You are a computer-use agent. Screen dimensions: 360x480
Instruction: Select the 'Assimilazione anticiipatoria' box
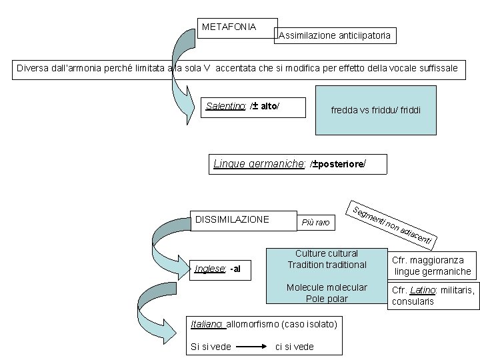(x=335, y=35)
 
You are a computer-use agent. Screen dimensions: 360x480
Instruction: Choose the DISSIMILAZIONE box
(x=232, y=219)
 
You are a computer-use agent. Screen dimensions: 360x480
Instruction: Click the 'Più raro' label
(x=315, y=222)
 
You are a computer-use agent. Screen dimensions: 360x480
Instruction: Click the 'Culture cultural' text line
(x=327, y=253)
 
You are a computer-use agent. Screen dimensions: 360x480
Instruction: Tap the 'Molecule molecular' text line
(x=327, y=287)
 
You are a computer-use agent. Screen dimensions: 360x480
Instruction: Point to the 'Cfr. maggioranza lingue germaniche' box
(x=432, y=265)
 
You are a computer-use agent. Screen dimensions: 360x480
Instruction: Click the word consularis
(x=413, y=301)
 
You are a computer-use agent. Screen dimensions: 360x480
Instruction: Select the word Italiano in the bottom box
(x=207, y=324)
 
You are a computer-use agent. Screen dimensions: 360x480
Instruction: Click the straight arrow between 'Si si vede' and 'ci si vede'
(x=252, y=347)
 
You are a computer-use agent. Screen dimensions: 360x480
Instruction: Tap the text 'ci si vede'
(x=294, y=347)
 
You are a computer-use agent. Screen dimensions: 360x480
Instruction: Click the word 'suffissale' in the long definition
(x=435, y=68)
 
